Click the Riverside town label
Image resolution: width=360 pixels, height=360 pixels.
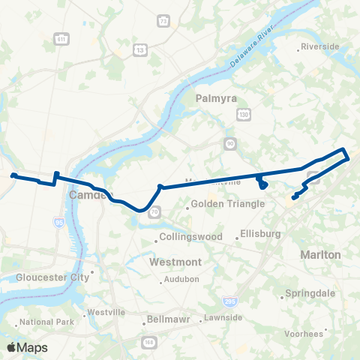click(x=322, y=46)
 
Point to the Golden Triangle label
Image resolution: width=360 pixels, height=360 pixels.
click(x=228, y=204)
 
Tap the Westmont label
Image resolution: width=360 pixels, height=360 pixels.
click(x=175, y=262)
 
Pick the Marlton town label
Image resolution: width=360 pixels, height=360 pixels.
click(x=320, y=255)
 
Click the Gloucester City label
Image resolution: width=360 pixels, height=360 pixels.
click(x=52, y=277)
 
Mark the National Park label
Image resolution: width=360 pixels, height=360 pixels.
click(x=46, y=322)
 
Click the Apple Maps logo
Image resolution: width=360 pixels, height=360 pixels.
click(x=27, y=347)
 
